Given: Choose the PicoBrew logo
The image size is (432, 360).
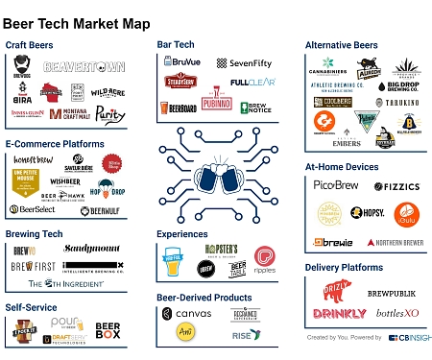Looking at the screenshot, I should (x=335, y=184).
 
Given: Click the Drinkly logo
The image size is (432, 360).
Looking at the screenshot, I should (x=338, y=314).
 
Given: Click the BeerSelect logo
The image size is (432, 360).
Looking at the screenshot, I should (x=34, y=209).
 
